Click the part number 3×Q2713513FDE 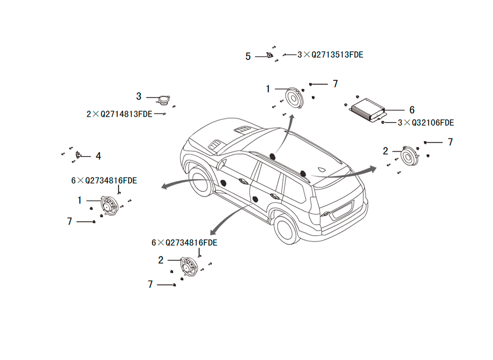click(x=330, y=55)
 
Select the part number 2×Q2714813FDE click(x=119, y=114)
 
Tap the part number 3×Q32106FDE click(x=426, y=123)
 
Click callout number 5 click(x=248, y=57)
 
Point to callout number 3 click(x=139, y=96)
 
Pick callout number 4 click(x=99, y=156)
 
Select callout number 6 click(x=412, y=110)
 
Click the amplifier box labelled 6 click(x=368, y=110)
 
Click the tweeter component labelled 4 click(x=78, y=155)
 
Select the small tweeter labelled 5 click(x=270, y=55)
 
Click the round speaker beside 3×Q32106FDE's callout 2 click(x=410, y=156)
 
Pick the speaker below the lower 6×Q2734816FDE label click(x=189, y=267)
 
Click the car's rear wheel click(x=286, y=228)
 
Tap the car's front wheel click(x=199, y=182)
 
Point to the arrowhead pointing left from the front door click(x=165, y=186)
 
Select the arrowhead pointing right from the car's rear click(x=373, y=169)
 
